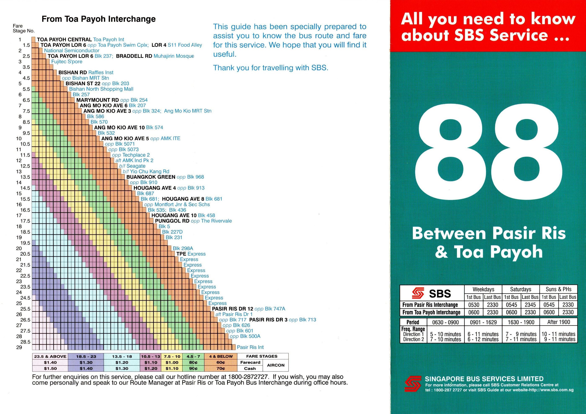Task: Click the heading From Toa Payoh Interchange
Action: (99, 19)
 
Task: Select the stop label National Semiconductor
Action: (72, 51)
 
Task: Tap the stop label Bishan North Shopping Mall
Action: (101, 89)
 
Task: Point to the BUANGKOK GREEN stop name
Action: (151, 177)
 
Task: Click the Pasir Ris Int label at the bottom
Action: (250, 347)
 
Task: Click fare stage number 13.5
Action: (25, 177)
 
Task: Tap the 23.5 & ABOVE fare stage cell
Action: (50, 356)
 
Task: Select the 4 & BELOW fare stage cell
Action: (221, 356)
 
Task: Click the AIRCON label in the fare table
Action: (276, 365)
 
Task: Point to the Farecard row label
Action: (250, 363)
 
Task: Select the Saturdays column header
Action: (521, 289)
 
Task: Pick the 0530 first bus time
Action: (474, 305)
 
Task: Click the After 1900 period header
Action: (558, 322)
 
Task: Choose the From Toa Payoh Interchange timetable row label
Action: (431, 312)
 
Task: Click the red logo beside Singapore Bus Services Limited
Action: (413, 384)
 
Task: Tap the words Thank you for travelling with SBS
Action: (271, 68)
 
